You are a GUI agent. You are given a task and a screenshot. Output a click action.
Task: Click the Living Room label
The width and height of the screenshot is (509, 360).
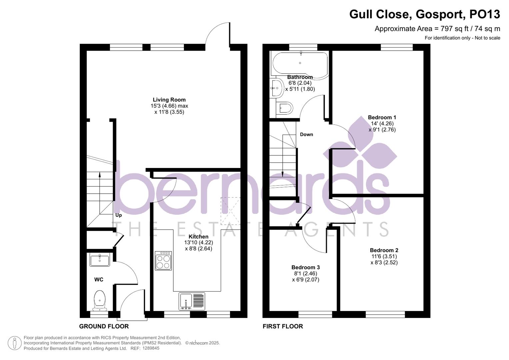pos(169,100)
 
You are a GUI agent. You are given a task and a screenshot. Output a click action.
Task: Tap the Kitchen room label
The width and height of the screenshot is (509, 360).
pos(198,237)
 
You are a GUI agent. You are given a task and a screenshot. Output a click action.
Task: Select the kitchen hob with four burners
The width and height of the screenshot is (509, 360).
pos(163,261)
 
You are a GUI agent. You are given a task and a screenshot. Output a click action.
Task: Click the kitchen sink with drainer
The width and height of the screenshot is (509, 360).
pos(192,301)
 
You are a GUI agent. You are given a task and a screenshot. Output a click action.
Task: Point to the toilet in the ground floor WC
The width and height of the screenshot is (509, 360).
pos(99,299)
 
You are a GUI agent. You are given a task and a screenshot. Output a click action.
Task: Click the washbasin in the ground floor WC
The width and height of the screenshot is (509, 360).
pos(100,260)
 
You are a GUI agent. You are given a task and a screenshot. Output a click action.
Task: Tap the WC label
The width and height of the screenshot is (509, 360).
pos(99,280)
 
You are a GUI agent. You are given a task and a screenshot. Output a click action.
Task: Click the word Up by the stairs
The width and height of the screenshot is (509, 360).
pos(118,215)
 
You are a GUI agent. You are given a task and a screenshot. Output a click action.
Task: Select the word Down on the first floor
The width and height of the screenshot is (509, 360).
pos(306,135)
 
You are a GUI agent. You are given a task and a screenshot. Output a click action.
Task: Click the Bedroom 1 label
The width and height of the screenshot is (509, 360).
pos(382,117)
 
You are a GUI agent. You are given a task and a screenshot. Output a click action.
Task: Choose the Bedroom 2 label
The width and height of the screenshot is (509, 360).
pos(384,250)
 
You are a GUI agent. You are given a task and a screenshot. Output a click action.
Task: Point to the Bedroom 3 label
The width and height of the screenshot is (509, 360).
pos(305,267)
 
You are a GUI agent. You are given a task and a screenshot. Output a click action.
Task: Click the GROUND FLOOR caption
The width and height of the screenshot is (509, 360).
pos(104,326)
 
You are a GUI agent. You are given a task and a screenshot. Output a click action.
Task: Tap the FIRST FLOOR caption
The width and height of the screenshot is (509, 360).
pos(283,326)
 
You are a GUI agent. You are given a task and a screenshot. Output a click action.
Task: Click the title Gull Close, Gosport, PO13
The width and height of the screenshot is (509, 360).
pos(424,14)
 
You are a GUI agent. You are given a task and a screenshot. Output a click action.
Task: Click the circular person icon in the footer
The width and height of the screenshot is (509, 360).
pos(15,343)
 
